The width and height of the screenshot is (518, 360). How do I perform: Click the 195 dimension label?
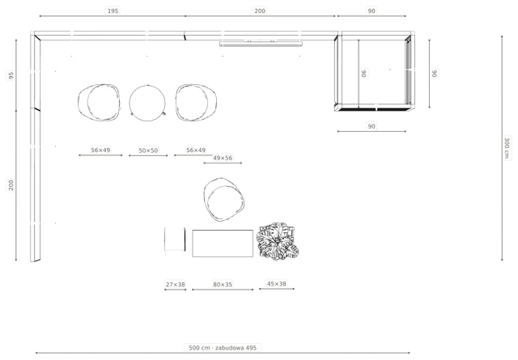click(x=113, y=11)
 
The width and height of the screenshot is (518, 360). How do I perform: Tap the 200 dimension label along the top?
click(x=260, y=11)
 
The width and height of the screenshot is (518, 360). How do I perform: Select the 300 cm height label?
click(x=507, y=147)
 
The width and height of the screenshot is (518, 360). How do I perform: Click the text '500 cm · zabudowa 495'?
click(x=223, y=348)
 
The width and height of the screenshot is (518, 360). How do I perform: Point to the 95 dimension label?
click(x=11, y=75)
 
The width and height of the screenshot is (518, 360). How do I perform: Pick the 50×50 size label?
click(x=148, y=150)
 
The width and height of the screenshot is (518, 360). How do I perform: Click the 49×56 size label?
click(x=223, y=159)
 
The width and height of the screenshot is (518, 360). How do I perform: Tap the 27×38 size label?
click(x=176, y=285)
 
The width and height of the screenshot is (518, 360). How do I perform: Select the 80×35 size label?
click(x=223, y=285)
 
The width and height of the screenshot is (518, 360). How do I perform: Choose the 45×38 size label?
click(x=277, y=284)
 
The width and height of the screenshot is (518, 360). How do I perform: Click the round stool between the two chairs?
click(x=147, y=103)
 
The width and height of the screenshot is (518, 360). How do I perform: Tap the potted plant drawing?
click(x=278, y=241)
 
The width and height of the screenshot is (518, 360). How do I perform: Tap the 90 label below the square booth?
click(x=372, y=126)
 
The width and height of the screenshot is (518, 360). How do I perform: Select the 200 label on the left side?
click(x=11, y=185)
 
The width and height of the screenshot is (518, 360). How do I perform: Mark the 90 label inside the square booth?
click(x=363, y=74)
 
